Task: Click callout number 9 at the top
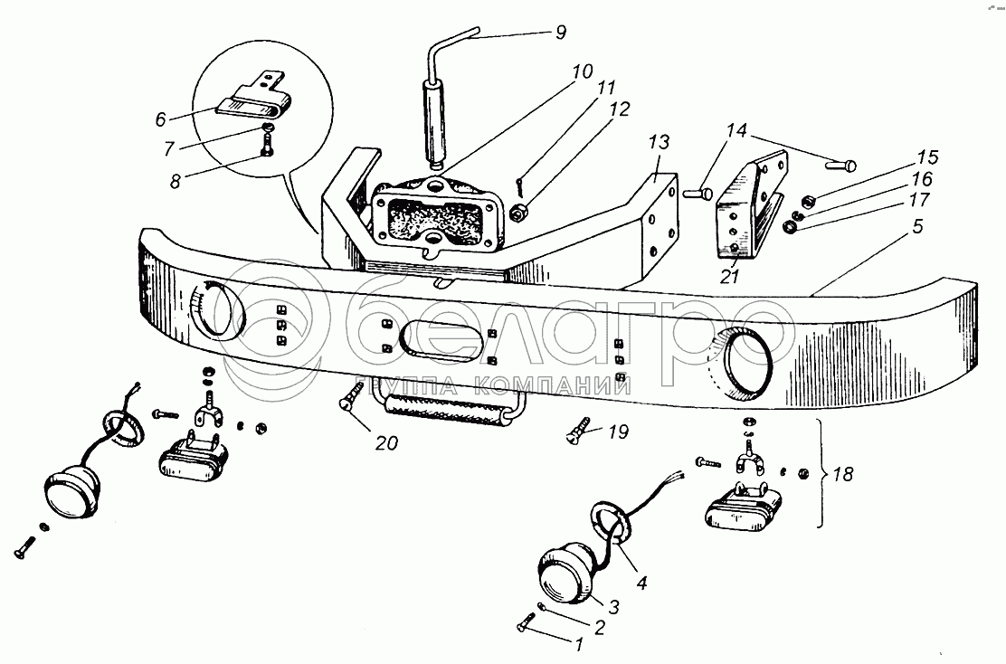click(x=561, y=32)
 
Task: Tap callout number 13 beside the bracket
click(x=659, y=142)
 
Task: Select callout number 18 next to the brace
click(x=844, y=474)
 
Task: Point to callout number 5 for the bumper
click(x=917, y=226)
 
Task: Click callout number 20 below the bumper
click(x=386, y=442)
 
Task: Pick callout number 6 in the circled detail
click(x=160, y=119)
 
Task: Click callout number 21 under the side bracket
click(x=729, y=277)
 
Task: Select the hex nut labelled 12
click(x=519, y=213)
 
